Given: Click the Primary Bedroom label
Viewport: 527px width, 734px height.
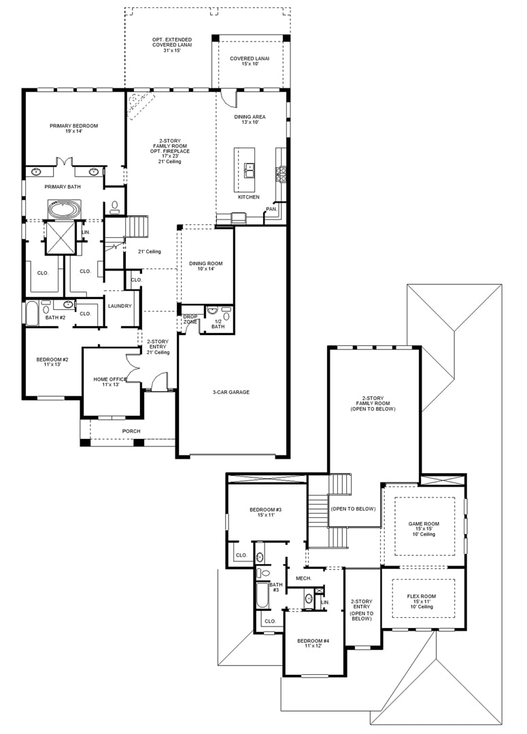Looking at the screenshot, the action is coord(73,128).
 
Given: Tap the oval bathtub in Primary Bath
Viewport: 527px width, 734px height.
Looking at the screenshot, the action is coord(64,209).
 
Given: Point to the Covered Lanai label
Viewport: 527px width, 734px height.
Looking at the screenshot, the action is coord(250,61).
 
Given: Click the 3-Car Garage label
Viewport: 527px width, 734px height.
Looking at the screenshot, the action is coord(231,392).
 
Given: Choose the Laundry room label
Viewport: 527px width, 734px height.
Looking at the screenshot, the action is coord(120,306).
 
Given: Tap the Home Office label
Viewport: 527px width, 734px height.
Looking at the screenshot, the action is coord(110,381).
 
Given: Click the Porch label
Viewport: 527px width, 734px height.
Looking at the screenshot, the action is coord(131,431).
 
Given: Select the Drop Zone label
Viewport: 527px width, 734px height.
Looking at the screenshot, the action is coord(190,319).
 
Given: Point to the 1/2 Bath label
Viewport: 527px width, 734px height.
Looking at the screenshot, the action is coord(218,324).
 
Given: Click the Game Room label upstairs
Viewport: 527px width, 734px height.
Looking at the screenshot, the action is coord(424,529).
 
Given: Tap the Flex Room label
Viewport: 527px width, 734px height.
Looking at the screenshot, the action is coord(422,601).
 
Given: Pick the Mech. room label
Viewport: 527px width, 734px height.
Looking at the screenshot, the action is coord(303,578).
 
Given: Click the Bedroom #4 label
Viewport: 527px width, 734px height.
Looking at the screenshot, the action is coord(313,643).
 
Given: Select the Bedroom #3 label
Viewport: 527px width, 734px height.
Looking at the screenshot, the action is coord(266,512).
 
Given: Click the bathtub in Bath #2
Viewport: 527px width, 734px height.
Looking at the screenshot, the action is coord(33,314).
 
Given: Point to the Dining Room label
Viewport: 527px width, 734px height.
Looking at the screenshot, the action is coord(206,266).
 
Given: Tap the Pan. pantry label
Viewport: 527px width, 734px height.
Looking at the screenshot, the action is coord(271,209).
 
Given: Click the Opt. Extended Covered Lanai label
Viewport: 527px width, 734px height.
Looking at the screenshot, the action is coord(172,45).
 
